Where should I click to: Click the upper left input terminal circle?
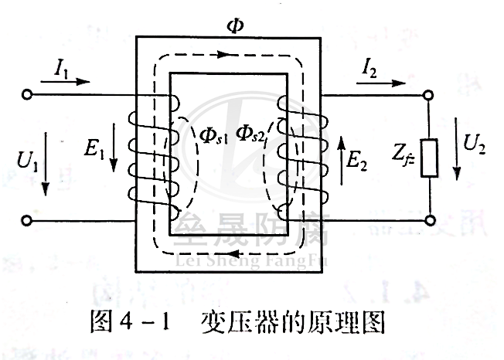pos(28,96)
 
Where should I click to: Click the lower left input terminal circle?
pos(28,222)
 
